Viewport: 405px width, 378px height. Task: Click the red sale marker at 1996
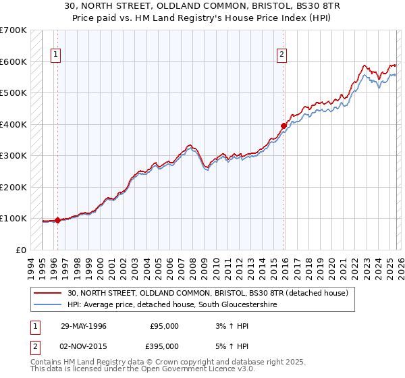[58, 219]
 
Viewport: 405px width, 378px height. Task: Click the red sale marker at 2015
[283, 125]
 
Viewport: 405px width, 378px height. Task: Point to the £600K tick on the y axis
[13, 61]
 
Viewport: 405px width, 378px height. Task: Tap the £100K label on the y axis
[13, 218]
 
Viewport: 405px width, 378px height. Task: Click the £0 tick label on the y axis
[21, 250]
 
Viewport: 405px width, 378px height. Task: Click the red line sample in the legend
[49, 293]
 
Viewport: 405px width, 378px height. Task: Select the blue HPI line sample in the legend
[49, 305]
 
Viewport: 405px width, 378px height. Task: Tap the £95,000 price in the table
[164, 326]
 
